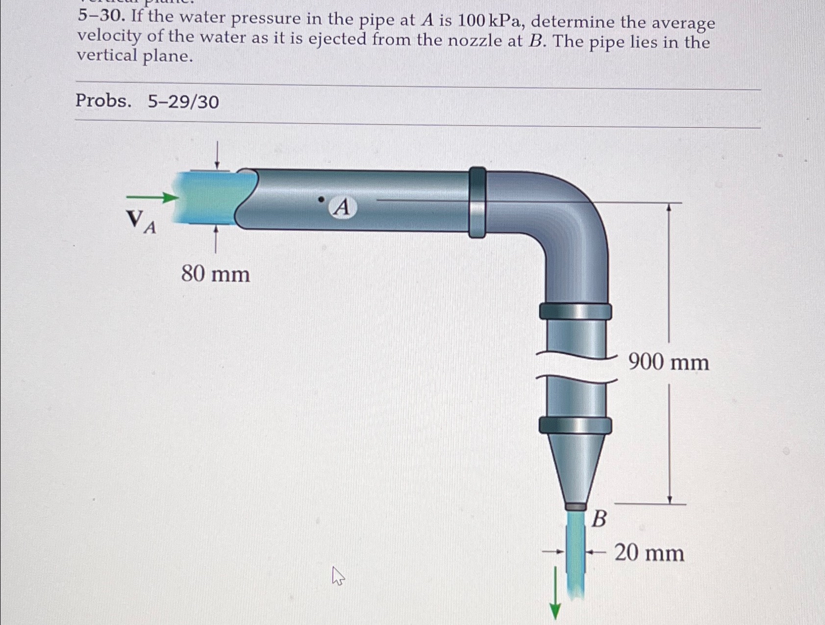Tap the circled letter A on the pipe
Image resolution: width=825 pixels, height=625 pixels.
click(342, 207)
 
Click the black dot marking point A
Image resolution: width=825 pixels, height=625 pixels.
click(321, 199)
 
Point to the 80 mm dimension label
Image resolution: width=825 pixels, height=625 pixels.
click(215, 274)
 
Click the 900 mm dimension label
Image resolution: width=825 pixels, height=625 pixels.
click(669, 363)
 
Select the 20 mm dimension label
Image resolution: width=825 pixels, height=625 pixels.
click(649, 553)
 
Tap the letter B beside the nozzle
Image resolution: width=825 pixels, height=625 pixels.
click(599, 519)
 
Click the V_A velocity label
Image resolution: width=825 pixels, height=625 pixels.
click(141, 221)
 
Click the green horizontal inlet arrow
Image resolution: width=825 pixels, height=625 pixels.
click(152, 197)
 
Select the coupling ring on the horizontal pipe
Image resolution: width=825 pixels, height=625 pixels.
click(477, 202)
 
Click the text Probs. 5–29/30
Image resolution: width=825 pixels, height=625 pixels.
click(147, 101)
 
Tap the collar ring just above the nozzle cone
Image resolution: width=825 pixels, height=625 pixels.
click(575, 425)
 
